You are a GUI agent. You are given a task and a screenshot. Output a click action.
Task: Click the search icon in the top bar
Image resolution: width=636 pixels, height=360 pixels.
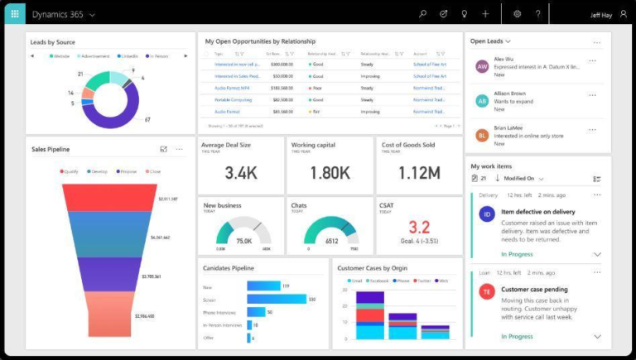coord(422,14)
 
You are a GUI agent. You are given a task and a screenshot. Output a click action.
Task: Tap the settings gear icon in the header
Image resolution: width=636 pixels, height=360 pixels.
coord(517,14)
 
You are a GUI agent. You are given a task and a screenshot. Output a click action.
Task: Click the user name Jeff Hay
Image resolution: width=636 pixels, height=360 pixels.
coord(603,14)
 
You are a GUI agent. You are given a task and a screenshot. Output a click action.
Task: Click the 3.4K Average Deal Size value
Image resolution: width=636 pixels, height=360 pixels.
coord(241,173)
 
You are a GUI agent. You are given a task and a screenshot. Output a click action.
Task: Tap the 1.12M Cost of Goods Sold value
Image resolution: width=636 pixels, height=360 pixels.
coord(419,173)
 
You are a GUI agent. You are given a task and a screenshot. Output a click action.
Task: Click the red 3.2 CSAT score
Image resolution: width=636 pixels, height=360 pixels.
coord(419,228)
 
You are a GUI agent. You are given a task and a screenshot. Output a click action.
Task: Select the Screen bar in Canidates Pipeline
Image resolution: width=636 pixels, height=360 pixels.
coord(276,299)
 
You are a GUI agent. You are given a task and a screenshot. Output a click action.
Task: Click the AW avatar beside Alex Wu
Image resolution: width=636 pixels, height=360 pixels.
coord(482,66)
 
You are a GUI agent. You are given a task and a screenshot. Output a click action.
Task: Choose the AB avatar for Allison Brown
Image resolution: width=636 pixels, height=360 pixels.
coord(482,101)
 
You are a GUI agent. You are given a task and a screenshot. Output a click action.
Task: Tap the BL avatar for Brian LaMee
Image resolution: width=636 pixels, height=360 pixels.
coord(482,135)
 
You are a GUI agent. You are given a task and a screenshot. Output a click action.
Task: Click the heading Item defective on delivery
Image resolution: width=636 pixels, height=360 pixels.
coord(537,211)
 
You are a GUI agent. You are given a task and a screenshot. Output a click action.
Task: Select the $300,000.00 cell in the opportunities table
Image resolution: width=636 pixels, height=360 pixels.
coord(281,64)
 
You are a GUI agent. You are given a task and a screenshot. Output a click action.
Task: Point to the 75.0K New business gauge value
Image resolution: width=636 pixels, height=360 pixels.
coord(243,241)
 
